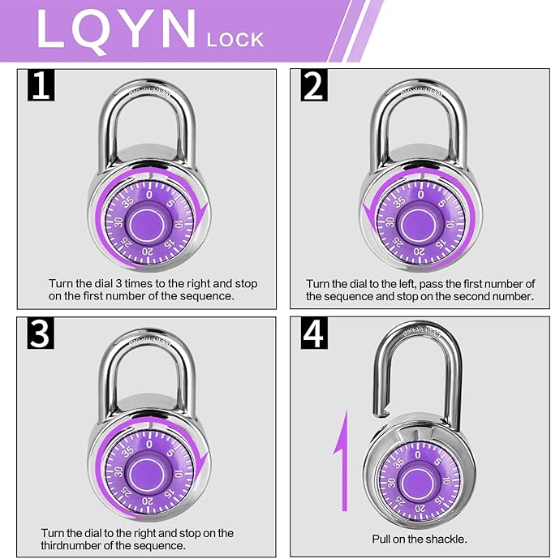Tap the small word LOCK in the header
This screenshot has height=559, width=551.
tap(236, 37)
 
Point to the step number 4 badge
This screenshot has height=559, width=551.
tap(315, 333)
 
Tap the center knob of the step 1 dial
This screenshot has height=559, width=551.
tap(149, 220)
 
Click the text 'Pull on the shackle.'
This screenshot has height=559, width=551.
tap(419, 539)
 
